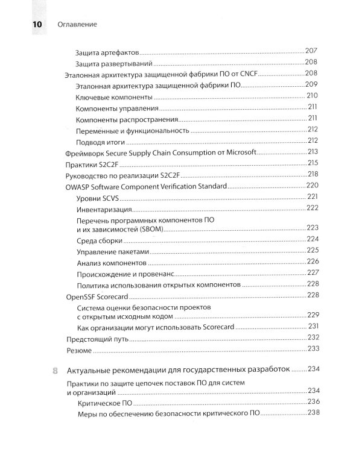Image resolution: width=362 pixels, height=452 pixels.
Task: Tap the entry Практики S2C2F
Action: (x=87, y=163)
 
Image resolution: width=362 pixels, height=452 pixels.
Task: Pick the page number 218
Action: (x=312, y=174)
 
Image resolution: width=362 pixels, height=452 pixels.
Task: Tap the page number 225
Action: (x=312, y=250)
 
